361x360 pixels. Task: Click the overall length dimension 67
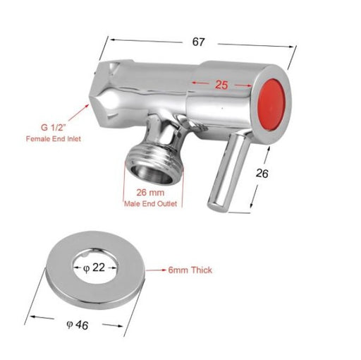[198, 42]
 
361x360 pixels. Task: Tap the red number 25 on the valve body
[221, 85]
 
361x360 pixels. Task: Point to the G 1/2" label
[53, 127]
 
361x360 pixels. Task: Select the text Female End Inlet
[54, 139]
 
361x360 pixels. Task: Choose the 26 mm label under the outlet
[150, 193]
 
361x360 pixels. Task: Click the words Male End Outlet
[150, 203]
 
